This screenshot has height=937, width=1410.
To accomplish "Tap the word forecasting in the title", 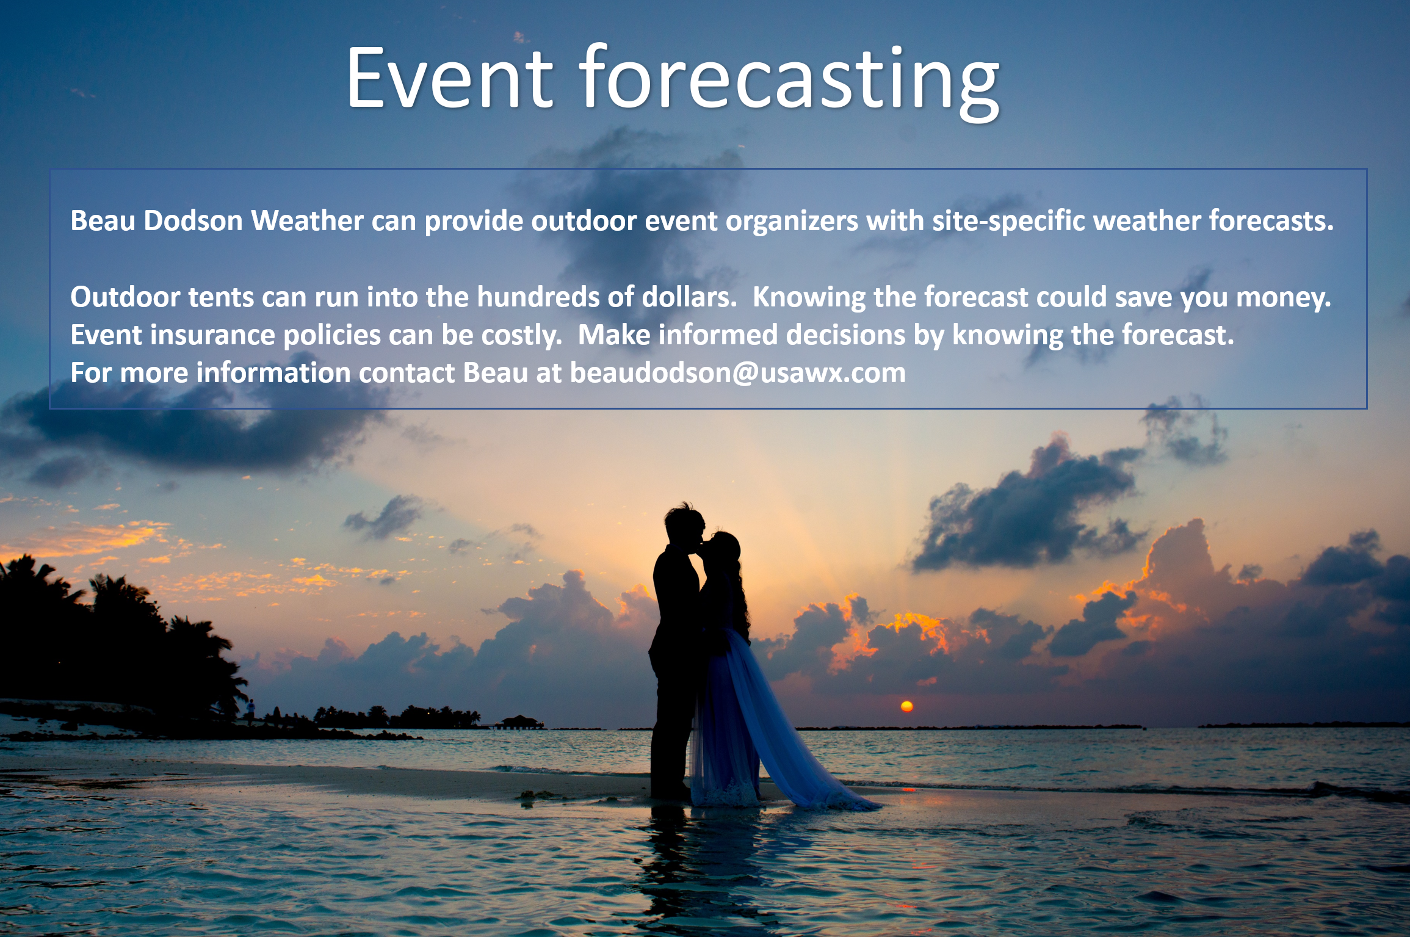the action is tap(790, 82).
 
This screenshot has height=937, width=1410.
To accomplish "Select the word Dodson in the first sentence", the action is tap(193, 220).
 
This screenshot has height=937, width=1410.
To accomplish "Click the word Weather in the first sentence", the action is tap(308, 220).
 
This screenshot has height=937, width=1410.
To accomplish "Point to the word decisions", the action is tap(845, 335).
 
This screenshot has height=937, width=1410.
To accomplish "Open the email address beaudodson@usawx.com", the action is tap(738, 373).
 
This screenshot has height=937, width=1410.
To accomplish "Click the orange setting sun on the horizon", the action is tap(907, 706).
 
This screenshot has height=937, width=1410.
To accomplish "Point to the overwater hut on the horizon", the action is tap(519, 722).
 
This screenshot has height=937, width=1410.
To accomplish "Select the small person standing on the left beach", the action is tap(250, 710).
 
